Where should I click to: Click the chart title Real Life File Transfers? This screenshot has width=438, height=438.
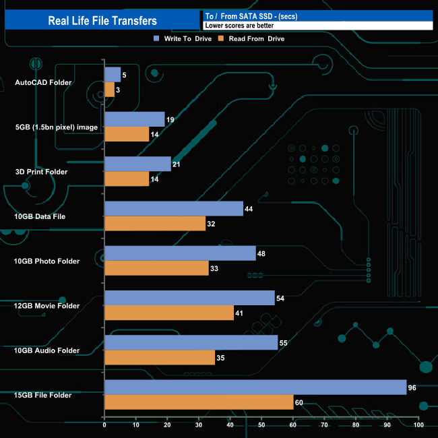tap(102, 20)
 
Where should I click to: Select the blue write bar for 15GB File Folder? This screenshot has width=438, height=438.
tap(255, 387)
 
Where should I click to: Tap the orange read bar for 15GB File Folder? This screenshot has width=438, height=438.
tap(199, 402)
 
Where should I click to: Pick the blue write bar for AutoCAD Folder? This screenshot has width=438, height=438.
tap(113, 74)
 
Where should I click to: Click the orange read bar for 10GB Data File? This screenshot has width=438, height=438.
tap(155, 224)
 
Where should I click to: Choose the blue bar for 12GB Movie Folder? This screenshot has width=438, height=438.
tap(189, 298)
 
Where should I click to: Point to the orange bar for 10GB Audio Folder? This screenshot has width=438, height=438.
tap(160, 358)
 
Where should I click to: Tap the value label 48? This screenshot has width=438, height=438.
tap(262, 253)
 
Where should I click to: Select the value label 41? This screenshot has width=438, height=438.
tap(240, 313)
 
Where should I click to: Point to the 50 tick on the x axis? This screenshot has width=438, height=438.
tap(261, 425)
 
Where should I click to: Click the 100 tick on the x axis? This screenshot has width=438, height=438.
tap(418, 425)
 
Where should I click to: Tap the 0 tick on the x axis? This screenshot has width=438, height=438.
tap(104, 425)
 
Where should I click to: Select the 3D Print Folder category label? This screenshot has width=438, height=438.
tap(42, 172)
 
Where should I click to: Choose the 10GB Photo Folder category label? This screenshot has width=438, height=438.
tap(47, 261)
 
